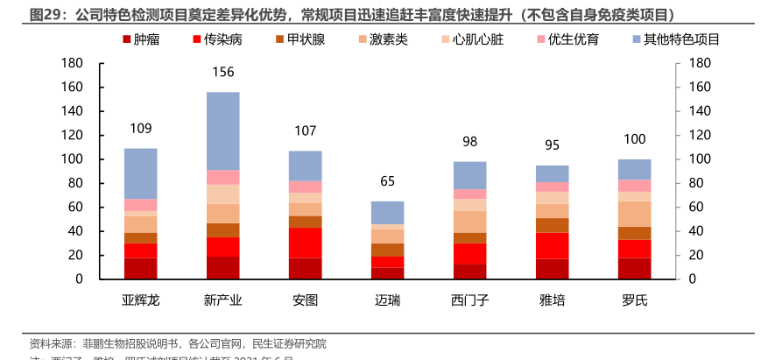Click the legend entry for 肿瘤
tap(146, 40)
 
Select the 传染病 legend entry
tap(215, 40)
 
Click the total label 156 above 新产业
tap(222, 72)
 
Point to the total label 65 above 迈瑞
tap(388, 181)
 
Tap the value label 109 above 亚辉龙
tap(140, 129)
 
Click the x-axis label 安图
tap(305, 300)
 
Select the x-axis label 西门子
tap(469, 300)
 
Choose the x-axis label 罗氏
tap(635, 300)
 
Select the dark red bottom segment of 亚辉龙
tap(140, 268)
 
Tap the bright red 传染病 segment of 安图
tap(305, 243)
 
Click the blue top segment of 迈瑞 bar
tap(388, 212)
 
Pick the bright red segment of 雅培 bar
tap(553, 245)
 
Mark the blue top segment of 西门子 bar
tap(469, 175)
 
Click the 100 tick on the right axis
tap(701, 159)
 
